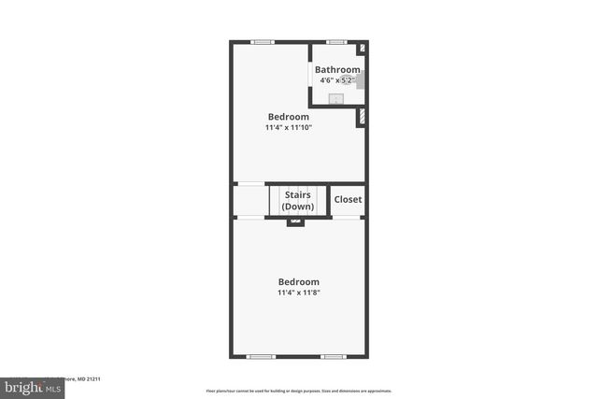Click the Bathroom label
coord(337,70)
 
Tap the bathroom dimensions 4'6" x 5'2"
coord(336,80)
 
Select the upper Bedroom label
coord(289,117)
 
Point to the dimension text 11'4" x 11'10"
coord(289,127)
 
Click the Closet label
coord(348,199)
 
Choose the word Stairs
coord(298,194)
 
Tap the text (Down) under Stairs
coord(298,206)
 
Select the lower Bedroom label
coord(299,282)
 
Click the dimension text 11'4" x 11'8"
coord(299,292)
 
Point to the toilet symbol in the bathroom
coord(358,79)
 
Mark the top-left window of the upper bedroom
coord(263,42)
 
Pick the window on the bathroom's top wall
coord(336,42)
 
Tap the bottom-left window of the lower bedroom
coord(260,356)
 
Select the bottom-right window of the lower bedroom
coord(333,356)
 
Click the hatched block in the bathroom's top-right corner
coord(363,49)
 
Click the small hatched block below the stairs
coord(296,221)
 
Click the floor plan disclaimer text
coord(299,391)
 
